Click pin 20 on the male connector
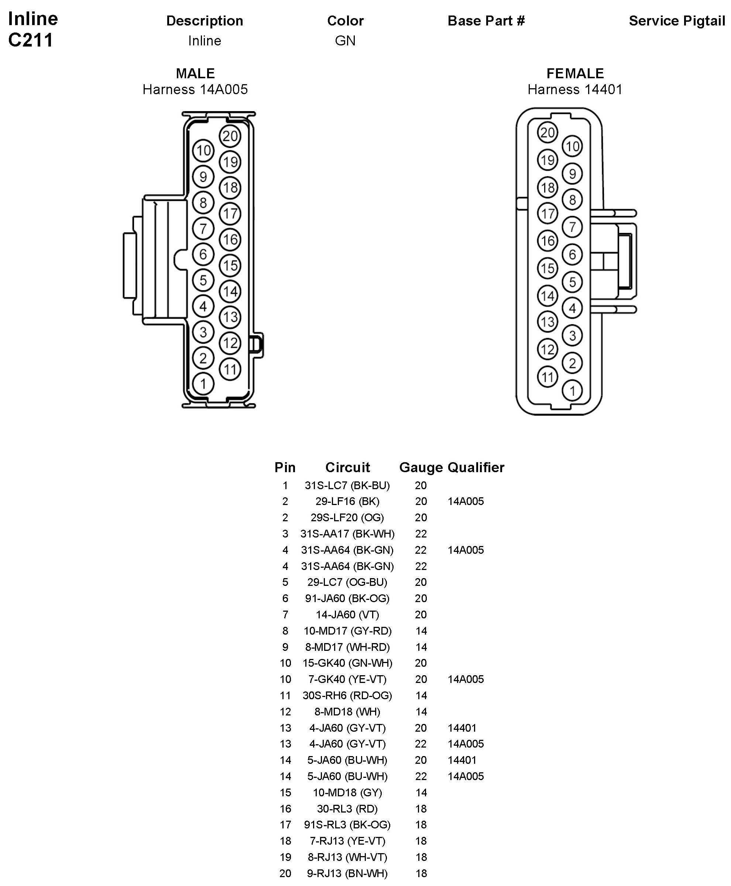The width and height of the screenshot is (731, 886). pos(230,136)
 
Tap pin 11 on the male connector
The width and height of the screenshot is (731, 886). pos(230,369)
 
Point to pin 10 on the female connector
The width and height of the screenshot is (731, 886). pos(572,147)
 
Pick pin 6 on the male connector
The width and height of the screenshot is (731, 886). pos(203,254)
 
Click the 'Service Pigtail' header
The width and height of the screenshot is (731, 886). pos(677,21)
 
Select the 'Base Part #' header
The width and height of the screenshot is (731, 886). pos(486,21)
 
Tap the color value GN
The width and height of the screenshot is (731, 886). pos(345,41)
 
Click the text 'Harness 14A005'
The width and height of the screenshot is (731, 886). pos(195,89)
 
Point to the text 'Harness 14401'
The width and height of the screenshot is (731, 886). pos(575,89)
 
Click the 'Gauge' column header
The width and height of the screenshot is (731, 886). pos(421,467)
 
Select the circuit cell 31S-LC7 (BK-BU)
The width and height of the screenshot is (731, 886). pos(347,485)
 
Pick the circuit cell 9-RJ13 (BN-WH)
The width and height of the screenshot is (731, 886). pos(347,873)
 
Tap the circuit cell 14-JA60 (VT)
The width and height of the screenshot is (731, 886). pos(347,615)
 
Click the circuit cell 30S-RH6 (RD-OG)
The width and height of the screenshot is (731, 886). pos(347,695)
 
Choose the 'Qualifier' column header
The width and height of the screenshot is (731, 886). pos(476,467)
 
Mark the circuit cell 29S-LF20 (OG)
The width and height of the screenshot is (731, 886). pos(347,518)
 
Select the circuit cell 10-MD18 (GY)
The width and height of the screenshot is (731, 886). pos(347,793)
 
